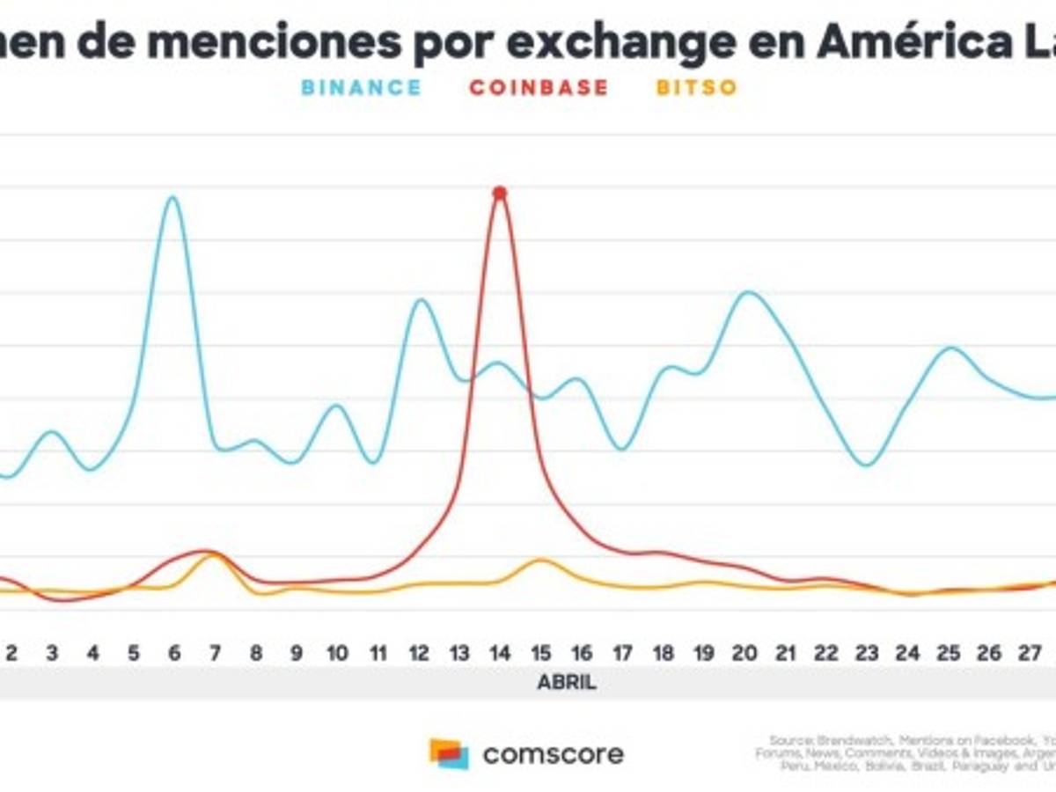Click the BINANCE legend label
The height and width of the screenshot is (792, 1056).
click(361, 87)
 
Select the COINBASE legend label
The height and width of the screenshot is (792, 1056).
click(539, 87)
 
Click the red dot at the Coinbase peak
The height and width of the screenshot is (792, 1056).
click(500, 193)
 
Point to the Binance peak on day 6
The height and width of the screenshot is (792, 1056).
click(173, 198)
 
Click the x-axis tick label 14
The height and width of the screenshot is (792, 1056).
click(500, 653)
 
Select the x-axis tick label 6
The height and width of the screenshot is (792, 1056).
click(174, 653)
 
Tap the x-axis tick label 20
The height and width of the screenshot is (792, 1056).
click(744, 653)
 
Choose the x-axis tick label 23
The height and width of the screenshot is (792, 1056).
click(867, 653)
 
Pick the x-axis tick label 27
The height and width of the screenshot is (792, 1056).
click(1030, 653)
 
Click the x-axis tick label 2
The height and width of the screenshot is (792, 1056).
click(11, 653)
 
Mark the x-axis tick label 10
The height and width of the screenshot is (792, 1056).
click(337, 653)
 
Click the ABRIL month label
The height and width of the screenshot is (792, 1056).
click(567, 683)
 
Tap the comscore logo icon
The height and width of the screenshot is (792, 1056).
click(449, 753)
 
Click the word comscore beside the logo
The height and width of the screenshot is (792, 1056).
click(554, 754)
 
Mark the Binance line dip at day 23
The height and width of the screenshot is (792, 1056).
click(867, 464)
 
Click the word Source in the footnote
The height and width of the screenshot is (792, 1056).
click(788, 740)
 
